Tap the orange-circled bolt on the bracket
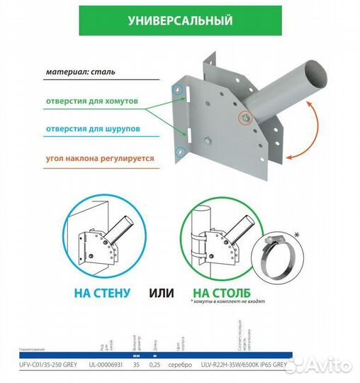(x=245, y=116)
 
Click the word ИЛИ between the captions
(x=159, y=291)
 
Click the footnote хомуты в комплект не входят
(x=228, y=302)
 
